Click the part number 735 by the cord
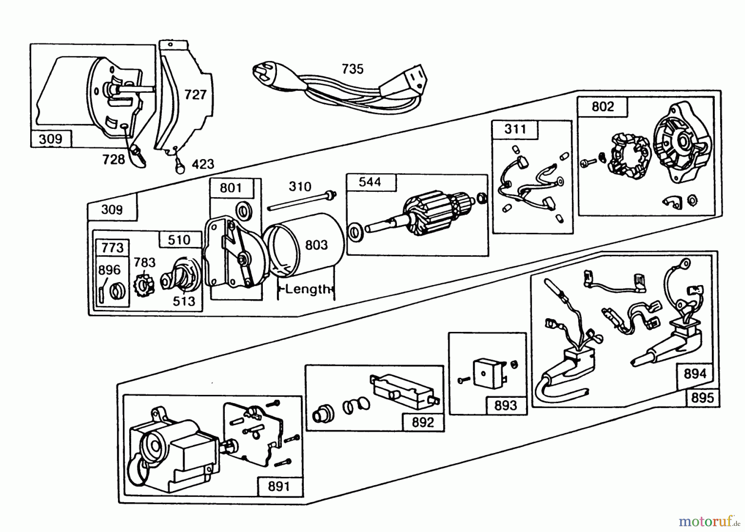click(x=352, y=69)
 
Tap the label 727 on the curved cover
click(x=195, y=95)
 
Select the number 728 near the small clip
click(x=113, y=159)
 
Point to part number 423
click(x=203, y=164)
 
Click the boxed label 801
click(x=231, y=188)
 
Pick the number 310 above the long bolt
click(x=300, y=186)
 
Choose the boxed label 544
click(x=370, y=182)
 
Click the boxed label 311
click(x=515, y=129)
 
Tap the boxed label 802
click(x=602, y=107)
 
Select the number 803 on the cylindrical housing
click(x=316, y=245)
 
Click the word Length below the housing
click(x=308, y=289)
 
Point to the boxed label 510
click(x=179, y=240)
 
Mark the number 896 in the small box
click(x=109, y=270)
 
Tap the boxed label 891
click(x=279, y=486)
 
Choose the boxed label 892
click(x=423, y=422)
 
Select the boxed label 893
click(x=505, y=405)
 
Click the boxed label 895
click(x=702, y=398)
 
